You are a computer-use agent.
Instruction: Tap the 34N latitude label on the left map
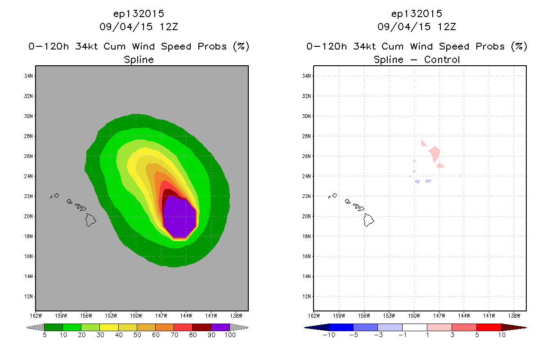coord(28,76)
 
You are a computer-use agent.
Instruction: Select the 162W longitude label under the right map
coord(314,316)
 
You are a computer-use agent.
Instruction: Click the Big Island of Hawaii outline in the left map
coord(90,220)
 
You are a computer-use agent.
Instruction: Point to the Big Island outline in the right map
coord(368,220)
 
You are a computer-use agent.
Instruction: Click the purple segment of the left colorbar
coord(220,327)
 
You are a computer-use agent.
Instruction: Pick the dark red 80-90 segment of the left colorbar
coord(202,327)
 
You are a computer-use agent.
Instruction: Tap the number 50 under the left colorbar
coord(137,335)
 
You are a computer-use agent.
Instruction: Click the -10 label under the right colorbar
coord(329,335)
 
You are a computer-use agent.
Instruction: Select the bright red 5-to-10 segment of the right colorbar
coord(489,327)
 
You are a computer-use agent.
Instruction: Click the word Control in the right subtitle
coord(442,59)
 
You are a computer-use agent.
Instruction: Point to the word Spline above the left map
coord(139,59)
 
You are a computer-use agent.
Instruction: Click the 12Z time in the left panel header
coord(169,27)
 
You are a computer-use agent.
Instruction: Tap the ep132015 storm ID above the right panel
coord(417,13)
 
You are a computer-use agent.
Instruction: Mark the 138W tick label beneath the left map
coord(236,316)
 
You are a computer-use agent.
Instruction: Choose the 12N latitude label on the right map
coord(306,297)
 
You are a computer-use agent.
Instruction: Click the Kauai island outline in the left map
coord(57,196)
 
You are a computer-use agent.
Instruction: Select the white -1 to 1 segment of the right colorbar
coord(415,327)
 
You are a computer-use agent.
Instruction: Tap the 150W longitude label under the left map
coord(136,316)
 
